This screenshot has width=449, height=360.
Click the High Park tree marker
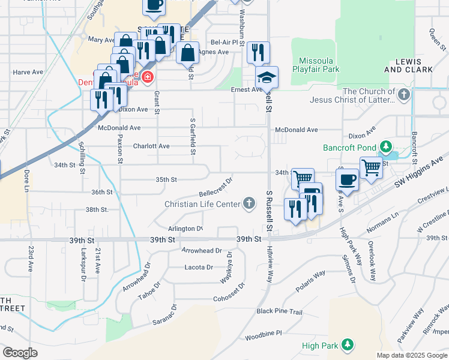(347, 345)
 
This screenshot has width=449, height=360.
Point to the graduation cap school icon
(267, 77)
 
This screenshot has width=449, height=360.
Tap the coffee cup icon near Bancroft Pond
(349, 179)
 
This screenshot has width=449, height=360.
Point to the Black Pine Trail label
(280, 311)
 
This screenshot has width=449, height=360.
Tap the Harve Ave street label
(28, 72)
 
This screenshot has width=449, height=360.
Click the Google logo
(20, 352)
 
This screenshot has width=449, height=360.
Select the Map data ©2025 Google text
(411, 355)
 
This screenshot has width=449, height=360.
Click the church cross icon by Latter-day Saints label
(404, 94)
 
